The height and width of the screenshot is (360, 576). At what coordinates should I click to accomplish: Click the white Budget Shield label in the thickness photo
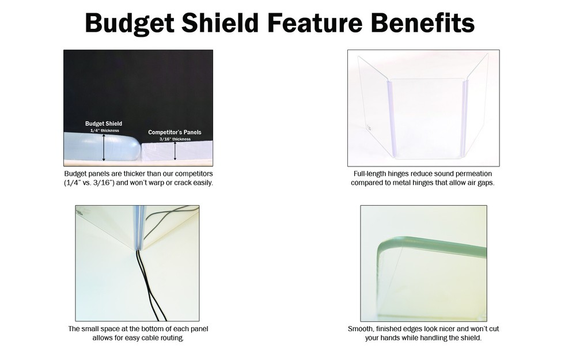(x=103, y=124)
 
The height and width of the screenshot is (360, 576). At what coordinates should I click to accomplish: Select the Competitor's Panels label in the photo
(x=175, y=132)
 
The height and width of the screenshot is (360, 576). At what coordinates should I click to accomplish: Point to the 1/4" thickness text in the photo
(x=104, y=131)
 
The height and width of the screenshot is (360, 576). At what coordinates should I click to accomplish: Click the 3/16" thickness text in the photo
(x=175, y=139)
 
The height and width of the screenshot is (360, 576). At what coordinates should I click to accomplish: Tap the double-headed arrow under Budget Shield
(x=104, y=147)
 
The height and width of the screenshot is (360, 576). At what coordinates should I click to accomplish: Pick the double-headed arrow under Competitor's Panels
(x=175, y=151)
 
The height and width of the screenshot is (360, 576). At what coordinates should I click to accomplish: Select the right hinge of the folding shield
(x=465, y=118)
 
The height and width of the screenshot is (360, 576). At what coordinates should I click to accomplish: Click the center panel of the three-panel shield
(x=426, y=118)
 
